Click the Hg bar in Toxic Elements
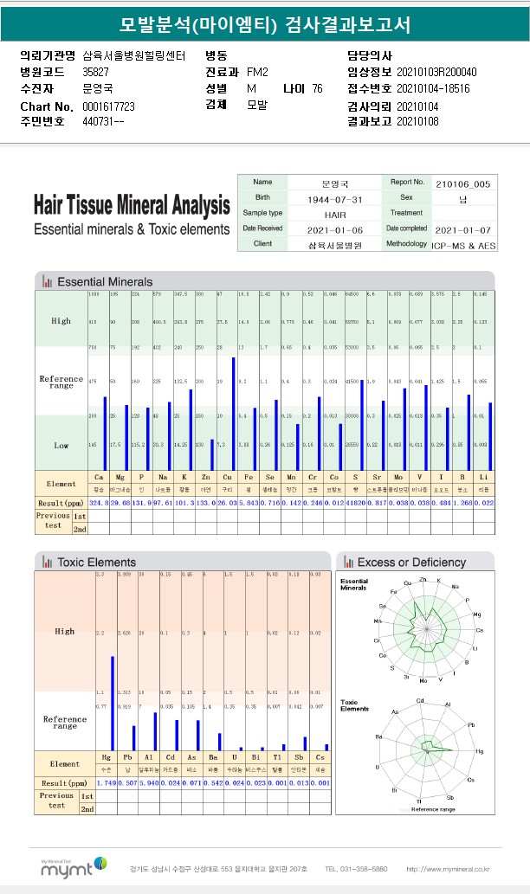tap(112, 704)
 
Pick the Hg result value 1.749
tap(107, 783)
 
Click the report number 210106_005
tap(462, 183)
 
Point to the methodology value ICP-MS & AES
tap(462, 245)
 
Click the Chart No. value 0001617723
tap(108, 106)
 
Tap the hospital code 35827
tap(95, 72)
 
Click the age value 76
tap(318, 88)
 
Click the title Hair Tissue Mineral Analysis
tap(132, 206)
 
